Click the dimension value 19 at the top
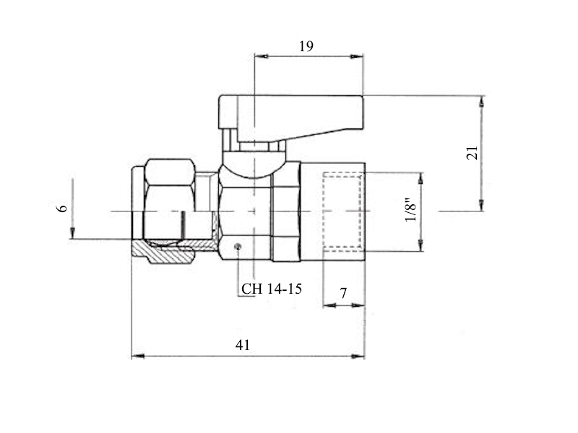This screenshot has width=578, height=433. pyautogui.click(x=306, y=46)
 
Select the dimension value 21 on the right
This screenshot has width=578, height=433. pyautogui.click(x=473, y=153)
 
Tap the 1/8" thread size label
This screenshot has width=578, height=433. pyautogui.click(x=410, y=210)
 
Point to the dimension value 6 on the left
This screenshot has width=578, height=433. pyautogui.click(x=63, y=208)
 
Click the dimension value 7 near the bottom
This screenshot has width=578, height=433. pyautogui.click(x=343, y=294)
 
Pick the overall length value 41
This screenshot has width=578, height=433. pyautogui.click(x=243, y=345)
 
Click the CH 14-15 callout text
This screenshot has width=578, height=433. pyautogui.click(x=272, y=289)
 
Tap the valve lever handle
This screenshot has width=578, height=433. pyautogui.click(x=290, y=118)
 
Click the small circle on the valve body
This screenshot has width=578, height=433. pyautogui.click(x=238, y=247)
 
